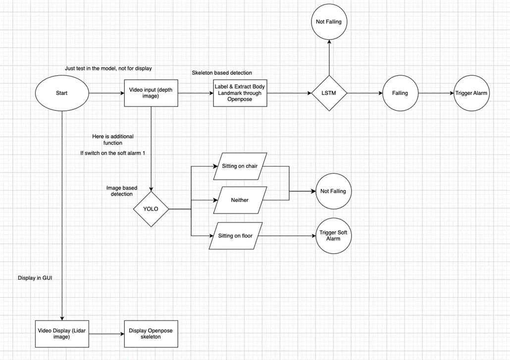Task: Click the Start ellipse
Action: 62,93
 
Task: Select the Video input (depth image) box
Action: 151,93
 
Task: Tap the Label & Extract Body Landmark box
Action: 240,93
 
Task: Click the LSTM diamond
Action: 329,93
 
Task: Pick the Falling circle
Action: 400,93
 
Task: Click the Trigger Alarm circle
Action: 471,93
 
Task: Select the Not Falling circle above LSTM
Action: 329,22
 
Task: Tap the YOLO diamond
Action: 151,209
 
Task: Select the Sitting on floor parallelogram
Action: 235,236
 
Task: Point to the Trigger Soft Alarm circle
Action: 333,236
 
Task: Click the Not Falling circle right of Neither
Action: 333,191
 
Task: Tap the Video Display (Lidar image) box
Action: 62,333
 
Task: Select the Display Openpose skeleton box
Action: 151,333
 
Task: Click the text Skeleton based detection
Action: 222,73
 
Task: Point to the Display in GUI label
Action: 35,278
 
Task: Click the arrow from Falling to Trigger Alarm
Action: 436,93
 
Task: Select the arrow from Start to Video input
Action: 106,93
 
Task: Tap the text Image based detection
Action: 122,191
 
